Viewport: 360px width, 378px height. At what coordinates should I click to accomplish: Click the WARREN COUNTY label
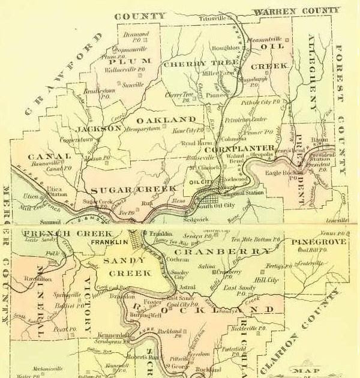[x=296, y=11]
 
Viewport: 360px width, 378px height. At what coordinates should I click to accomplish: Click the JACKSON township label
[x=99, y=128]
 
